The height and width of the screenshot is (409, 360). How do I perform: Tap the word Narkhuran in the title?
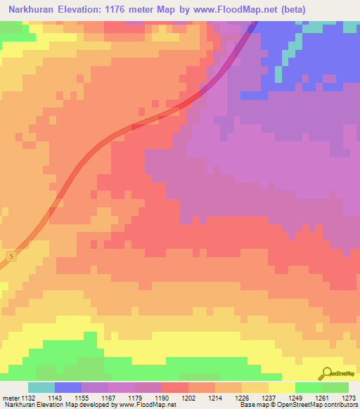click(32, 11)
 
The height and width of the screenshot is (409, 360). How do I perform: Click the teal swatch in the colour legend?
click(41, 387)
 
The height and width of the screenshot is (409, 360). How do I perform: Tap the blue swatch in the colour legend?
click(68, 387)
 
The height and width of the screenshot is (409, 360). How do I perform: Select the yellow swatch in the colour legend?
click(282, 387)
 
